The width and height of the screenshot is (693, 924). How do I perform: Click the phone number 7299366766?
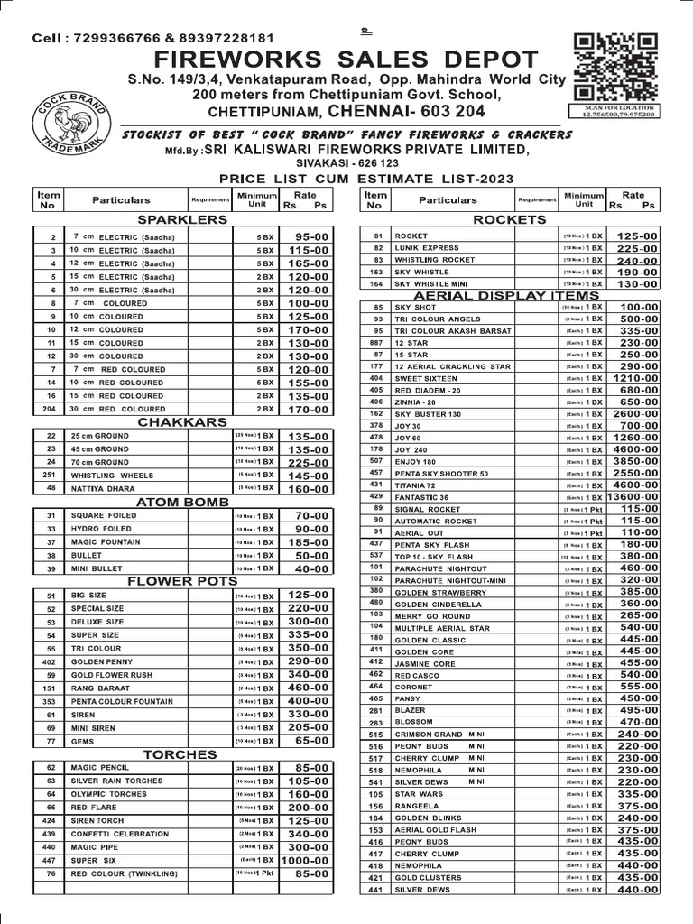click(113, 38)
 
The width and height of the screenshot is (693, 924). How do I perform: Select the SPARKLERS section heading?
click(180, 219)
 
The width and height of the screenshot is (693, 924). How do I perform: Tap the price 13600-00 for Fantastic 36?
click(630, 496)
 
